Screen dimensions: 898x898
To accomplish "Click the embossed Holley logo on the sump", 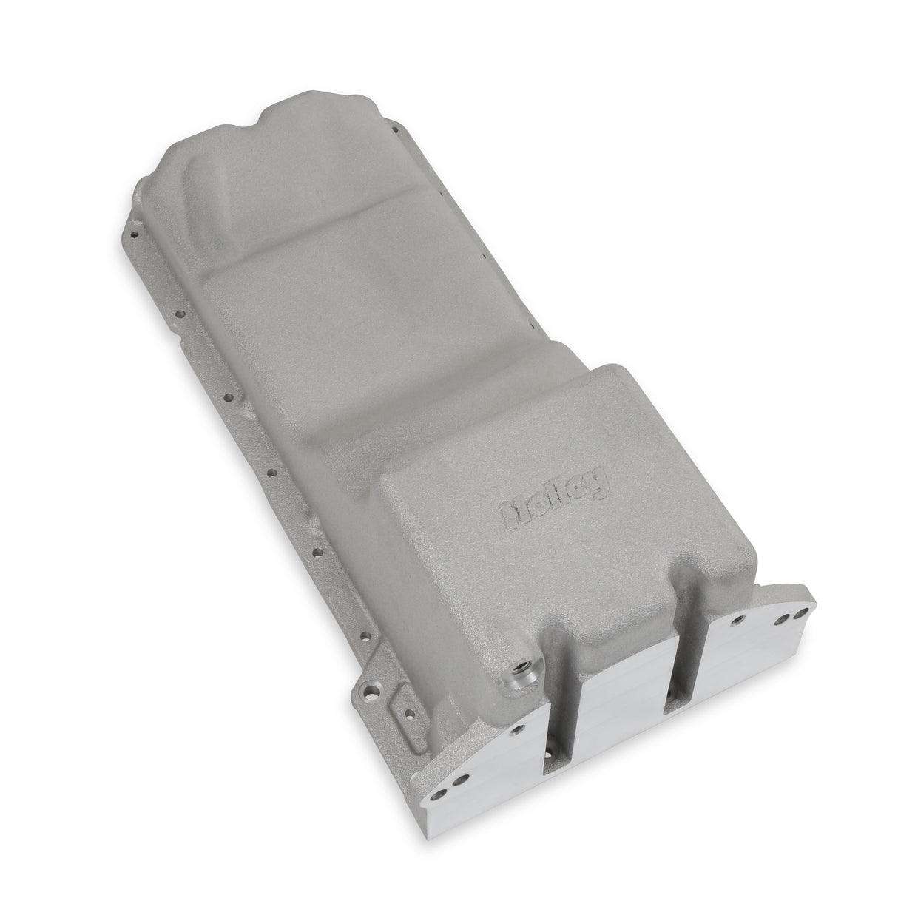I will (556, 499).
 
